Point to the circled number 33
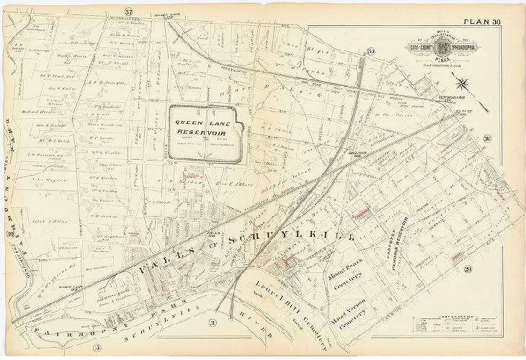371,50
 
